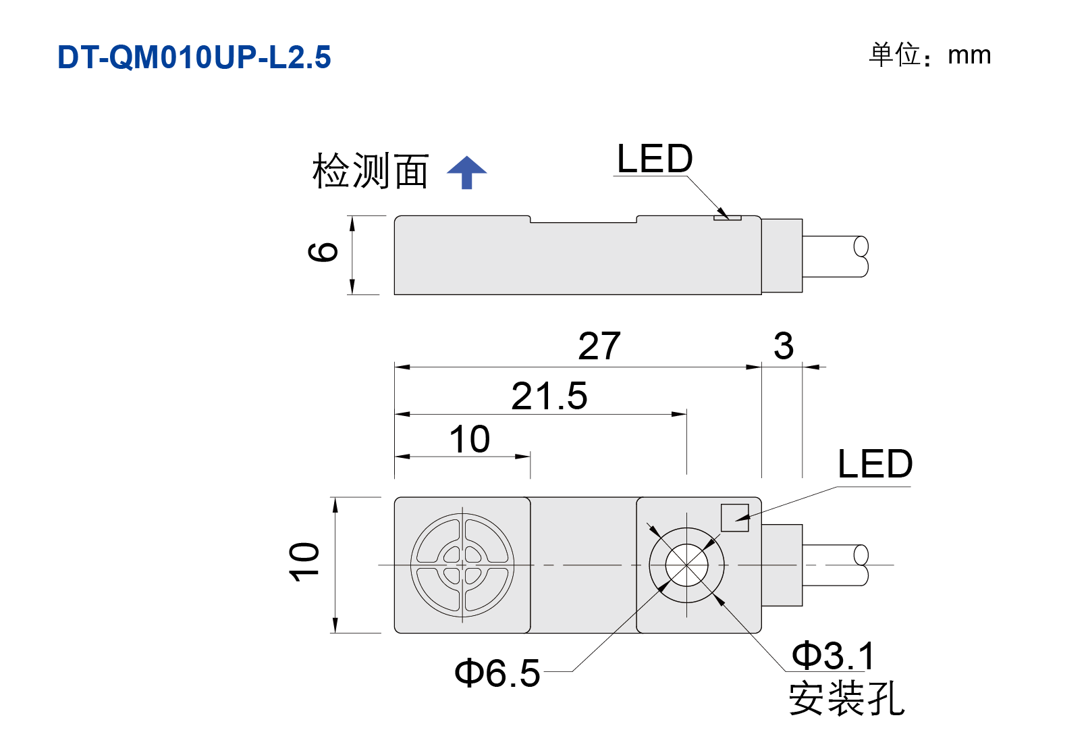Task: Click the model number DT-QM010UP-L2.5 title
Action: coord(194,57)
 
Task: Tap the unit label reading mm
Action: coord(969,56)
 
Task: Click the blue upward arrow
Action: coord(467,173)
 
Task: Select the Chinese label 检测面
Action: coord(370,171)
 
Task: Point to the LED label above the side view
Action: coord(654,159)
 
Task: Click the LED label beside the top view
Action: coord(875,464)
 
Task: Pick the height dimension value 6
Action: coord(323,252)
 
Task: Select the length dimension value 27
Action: coord(599,346)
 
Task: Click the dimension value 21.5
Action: coord(549,396)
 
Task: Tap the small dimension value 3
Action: coord(784,346)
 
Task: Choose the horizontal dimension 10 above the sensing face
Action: coord(470,439)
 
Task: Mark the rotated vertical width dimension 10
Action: coord(304,561)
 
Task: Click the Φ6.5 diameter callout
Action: coord(497,673)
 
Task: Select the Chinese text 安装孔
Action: coord(846,698)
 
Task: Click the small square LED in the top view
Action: coord(734,518)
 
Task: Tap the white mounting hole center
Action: coord(687,565)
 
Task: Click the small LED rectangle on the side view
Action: coord(727,217)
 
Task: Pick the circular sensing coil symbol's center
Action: coord(462,565)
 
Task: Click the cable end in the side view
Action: coord(861,257)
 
